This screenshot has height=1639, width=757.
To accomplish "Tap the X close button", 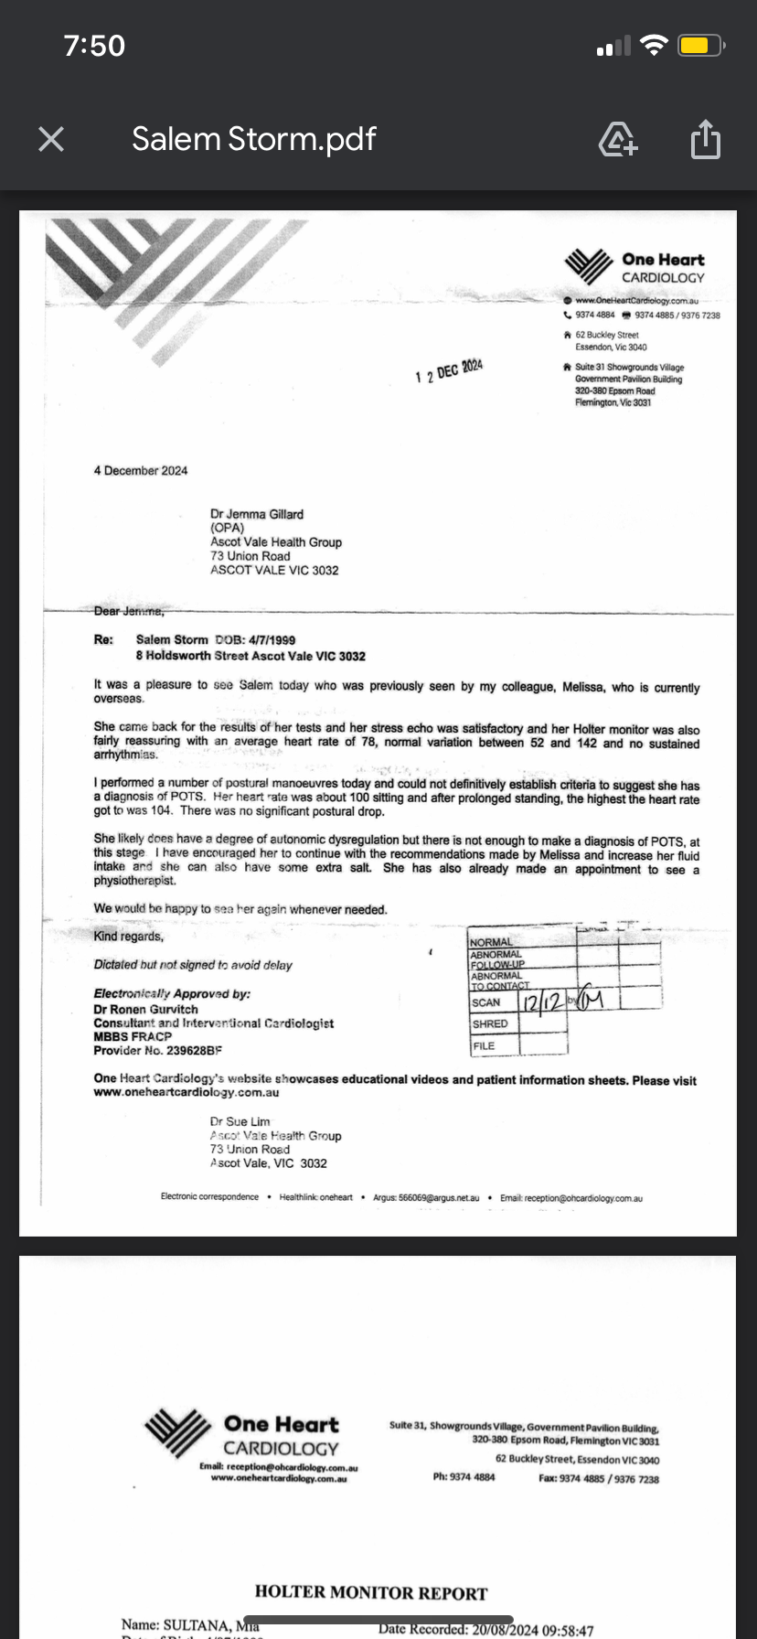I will [51, 139].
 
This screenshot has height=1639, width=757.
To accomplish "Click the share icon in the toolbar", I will [705, 140].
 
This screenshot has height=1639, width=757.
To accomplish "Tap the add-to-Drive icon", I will [618, 140].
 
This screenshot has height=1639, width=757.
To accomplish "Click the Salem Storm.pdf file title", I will [253, 139].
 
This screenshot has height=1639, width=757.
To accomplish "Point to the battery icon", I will [701, 46].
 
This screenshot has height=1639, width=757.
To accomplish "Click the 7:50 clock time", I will [94, 46].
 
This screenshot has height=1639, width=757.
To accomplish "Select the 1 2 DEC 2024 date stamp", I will [449, 371].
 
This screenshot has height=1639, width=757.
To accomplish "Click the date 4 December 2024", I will [140, 470].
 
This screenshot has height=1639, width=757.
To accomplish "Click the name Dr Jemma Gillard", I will [257, 514].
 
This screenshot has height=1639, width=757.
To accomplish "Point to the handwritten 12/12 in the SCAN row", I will [542, 1002].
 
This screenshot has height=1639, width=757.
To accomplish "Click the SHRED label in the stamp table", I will [490, 1024].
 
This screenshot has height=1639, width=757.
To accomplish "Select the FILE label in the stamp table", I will [484, 1045].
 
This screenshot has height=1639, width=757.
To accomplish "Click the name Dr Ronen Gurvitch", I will [145, 1009].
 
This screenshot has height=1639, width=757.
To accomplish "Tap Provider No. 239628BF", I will [157, 1051].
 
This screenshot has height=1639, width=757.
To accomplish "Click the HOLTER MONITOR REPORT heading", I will [371, 1592].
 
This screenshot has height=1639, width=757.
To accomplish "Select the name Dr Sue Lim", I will [240, 1121].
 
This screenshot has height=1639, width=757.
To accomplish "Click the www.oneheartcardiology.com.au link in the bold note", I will [187, 1092].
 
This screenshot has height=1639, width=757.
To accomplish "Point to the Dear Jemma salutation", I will [129, 611].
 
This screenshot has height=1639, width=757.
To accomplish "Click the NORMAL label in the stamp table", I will [491, 942].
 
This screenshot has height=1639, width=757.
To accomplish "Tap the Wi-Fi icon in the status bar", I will [655, 46].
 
